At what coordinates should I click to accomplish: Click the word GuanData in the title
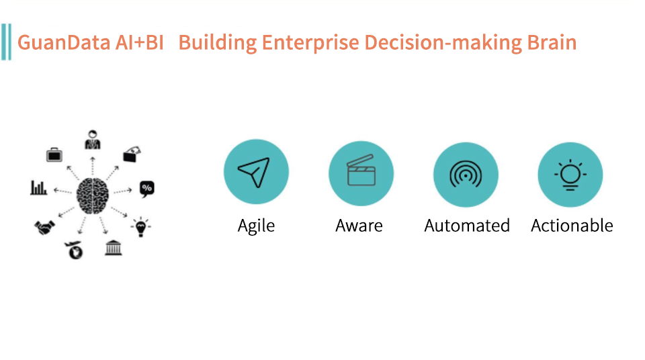(x=64, y=43)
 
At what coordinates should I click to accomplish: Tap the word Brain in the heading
(x=552, y=42)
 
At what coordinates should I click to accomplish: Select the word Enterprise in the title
(x=310, y=43)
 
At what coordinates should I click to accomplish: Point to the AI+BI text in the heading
(x=139, y=42)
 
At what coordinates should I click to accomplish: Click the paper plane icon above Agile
(x=254, y=173)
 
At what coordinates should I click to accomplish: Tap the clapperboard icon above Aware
(x=361, y=171)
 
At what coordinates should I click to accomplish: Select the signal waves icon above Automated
(x=466, y=174)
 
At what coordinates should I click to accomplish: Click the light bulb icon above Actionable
(x=570, y=175)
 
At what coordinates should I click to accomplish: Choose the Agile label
(x=256, y=226)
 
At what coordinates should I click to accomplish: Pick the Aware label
(x=359, y=226)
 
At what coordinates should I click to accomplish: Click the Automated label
(x=467, y=226)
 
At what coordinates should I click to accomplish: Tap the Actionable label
(x=572, y=226)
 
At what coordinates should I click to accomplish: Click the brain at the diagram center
(x=93, y=196)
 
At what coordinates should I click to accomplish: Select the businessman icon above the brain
(x=93, y=140)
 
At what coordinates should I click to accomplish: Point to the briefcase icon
(x=54, y=154)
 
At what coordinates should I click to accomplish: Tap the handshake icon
(x=44, y=227)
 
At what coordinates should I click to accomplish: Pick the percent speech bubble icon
(x=147, y=189)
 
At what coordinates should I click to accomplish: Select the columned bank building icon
(x=113, y=248)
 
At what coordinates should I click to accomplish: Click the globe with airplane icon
(x=75, y=250)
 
